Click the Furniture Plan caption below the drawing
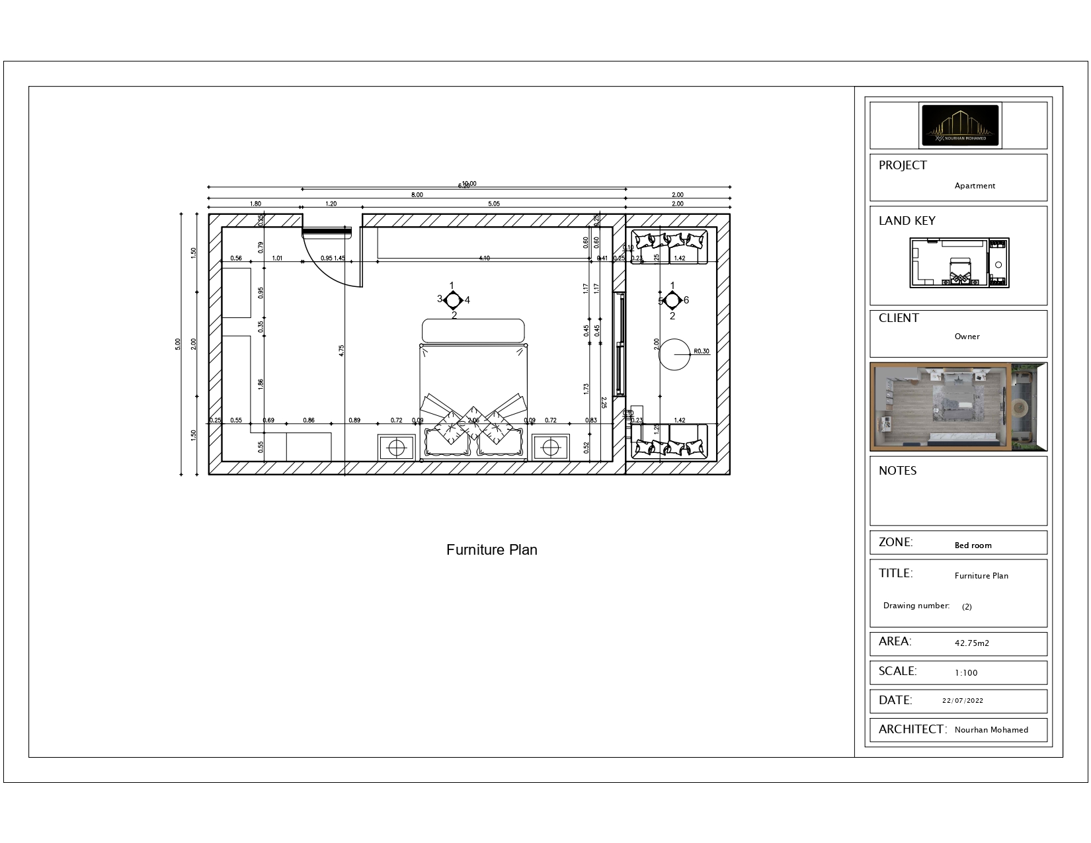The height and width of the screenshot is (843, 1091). click(x=491, y=549)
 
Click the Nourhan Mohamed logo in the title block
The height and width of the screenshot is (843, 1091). click(x=960, y=125)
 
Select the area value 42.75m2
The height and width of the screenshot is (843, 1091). click(x=971, y=643)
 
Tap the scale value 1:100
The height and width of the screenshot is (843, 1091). click(x=965, y=672)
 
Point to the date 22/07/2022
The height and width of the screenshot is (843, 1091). click(x=962, y=701)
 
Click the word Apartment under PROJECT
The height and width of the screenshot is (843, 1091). click(x=974, y=186)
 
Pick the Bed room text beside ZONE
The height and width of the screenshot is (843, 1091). click(x=973, y=545)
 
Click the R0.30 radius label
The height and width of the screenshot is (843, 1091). click(x=701, y=351)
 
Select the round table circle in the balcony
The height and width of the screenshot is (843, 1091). click(x=674, y=354)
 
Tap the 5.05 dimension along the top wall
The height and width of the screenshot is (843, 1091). click(x=493, y=204)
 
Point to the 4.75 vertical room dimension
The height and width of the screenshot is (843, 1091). click(x=341, y=350)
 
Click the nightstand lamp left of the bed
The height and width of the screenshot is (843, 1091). click(x=396, y=448)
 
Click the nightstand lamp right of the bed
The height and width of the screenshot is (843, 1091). click(x=550, y=448)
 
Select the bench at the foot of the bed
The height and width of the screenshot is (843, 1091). click(x=473, y=330)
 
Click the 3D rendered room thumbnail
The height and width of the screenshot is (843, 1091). click(x=958, y=407)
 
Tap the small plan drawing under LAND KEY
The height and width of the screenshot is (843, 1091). click(x=959, y=263)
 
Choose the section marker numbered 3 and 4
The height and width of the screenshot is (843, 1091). click(x=453, y=300)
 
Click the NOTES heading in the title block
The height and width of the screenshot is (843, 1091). click(x=897, y=471)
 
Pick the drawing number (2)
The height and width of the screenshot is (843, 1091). click(x=967, y=606)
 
